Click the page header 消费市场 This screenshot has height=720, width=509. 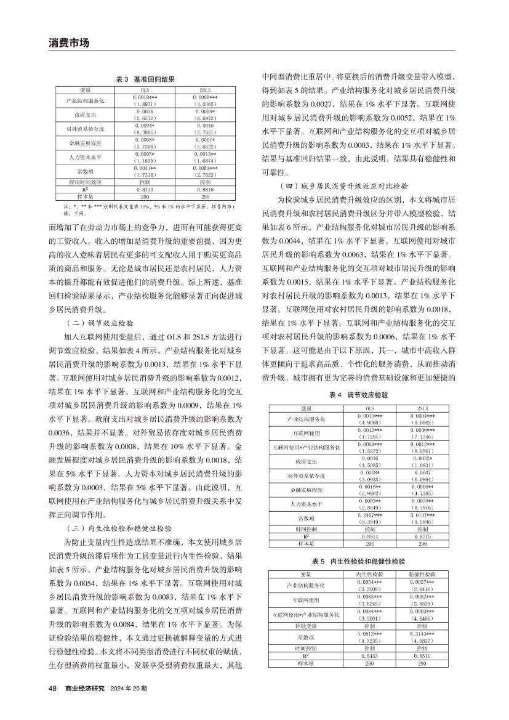[69, 42]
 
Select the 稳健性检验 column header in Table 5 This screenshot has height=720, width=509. [422, 574]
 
